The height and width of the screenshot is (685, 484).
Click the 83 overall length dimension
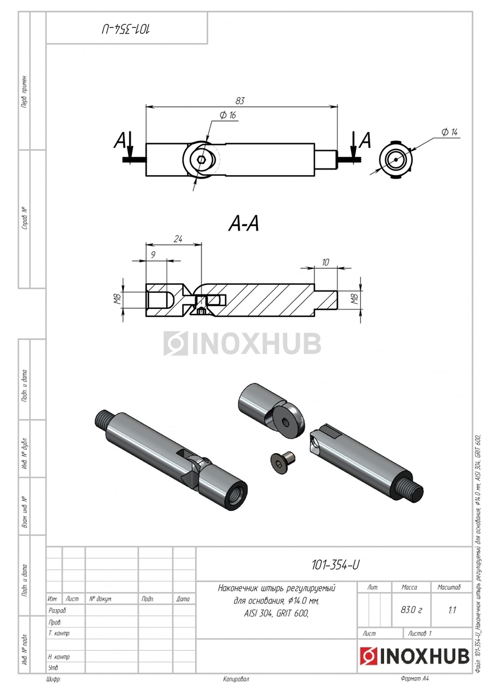240,101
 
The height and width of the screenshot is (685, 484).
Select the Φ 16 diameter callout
228,115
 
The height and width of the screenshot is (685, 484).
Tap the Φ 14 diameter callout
449,132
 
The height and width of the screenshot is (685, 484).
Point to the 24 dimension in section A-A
178,239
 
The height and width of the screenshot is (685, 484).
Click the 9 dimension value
153,255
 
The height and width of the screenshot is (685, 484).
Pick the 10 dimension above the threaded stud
325,262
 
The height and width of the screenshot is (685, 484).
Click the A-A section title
244,224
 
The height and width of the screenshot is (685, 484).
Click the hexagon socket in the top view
201,160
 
